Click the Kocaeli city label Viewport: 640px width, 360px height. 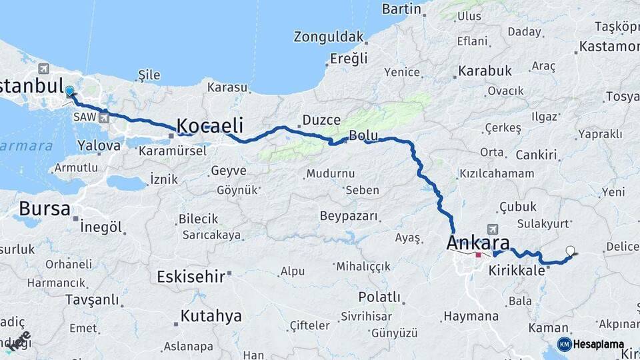(x=209, y=125)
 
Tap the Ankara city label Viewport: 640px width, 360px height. (x=479, y=243)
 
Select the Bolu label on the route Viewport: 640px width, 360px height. (x=363, y=135)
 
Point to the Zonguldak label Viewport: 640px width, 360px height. (x=329, y=36)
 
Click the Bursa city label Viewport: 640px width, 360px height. (x=44, y=209)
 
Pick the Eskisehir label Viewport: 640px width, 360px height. (x=191, y=276)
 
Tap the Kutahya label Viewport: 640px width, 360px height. (x=211, y=316)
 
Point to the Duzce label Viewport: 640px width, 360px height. (x=321, y=120)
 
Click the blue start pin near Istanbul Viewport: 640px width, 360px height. (x=69, y=91)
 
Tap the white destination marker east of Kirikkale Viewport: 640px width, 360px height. (x=570, y=251)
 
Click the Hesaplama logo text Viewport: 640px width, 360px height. (x=599, y=344)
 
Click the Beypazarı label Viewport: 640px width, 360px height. (x=349, y=216)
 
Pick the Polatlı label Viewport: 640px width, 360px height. (x=379, y=297)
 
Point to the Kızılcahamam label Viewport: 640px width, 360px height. (x=497, y=173)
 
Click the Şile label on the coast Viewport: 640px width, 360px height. (x=149, y=75)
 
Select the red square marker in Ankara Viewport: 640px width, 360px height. (x=478, y=255)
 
